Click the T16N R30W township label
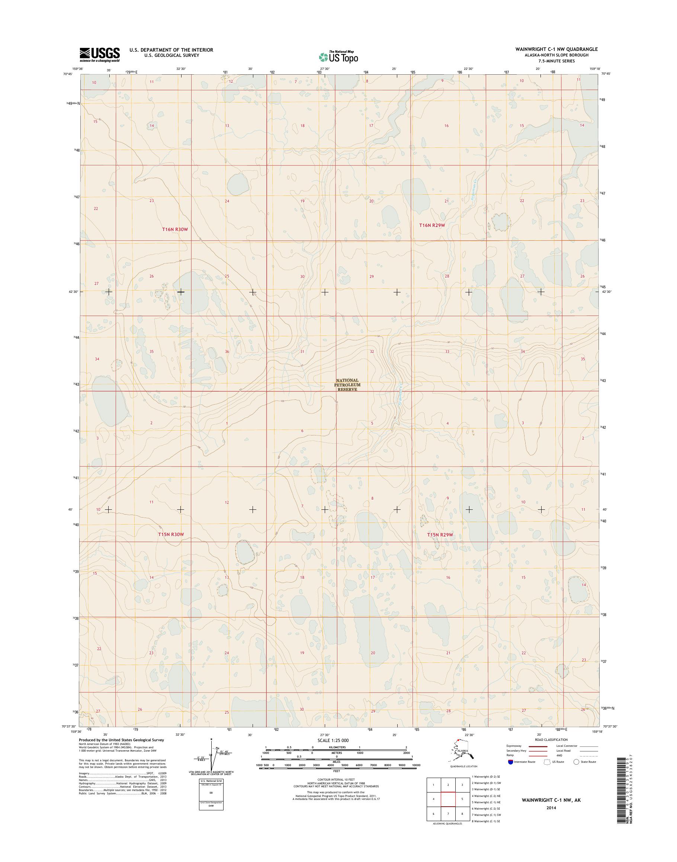coord(174,229)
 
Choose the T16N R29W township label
coord(433,225)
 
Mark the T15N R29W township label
coord(440,535)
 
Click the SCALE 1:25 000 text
coord(333,740)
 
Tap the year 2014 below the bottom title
coord(551,808)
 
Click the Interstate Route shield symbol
coord(510,762)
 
